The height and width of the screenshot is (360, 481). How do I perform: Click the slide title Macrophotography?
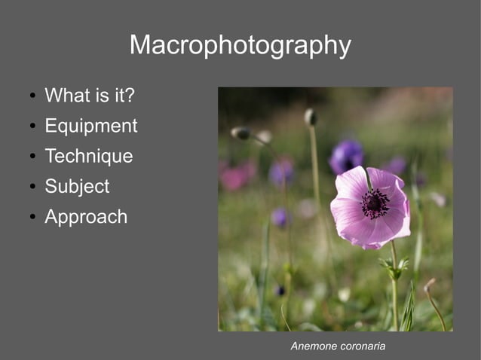[x=240, y=46]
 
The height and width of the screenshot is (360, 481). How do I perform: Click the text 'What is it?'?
[x=90, y=96]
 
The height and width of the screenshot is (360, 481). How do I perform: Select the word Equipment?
[x=91, y=127]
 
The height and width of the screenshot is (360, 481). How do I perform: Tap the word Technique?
[x=88, y=157]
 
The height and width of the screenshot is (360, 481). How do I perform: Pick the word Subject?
[x=77, y=187]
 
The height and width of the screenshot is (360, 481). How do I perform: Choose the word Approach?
[x=86, y=218]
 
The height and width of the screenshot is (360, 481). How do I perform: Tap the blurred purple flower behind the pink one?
[x=346, y=156]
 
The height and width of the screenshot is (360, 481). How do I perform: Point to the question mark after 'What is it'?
[x=130, y=96]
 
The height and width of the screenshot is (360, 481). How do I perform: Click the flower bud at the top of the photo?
[x=310, y=117]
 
